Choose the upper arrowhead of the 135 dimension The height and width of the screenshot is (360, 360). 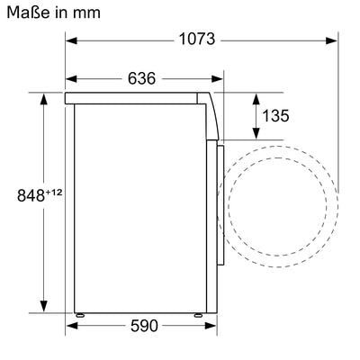[253, 95]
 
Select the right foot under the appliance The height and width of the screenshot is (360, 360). [197, 315]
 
